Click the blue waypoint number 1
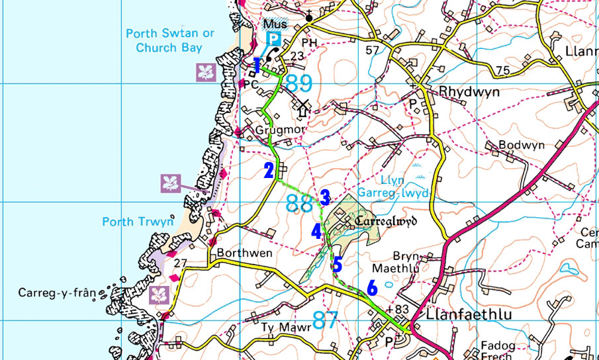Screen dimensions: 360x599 [x=257, y=64]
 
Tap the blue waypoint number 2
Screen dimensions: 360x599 [x=268, y=171]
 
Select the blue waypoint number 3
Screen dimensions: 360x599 [x=324, y=197]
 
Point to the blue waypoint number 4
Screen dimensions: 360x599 [x=316, y=232]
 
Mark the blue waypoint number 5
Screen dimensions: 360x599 [x=337, y=265]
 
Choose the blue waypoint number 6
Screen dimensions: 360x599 [x=371, y=288]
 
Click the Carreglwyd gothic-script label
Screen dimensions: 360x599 [x=385, y=222]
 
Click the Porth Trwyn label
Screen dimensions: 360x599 [x=136, y=222]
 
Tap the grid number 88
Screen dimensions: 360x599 [x=299, y=202]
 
